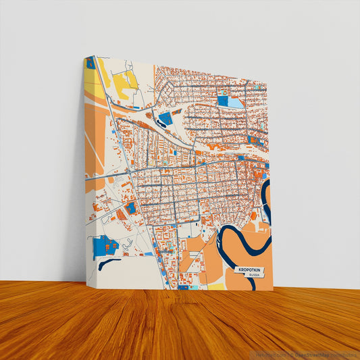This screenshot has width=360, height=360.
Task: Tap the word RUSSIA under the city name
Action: (254, 276)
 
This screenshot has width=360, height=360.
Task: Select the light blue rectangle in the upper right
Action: (237, 102)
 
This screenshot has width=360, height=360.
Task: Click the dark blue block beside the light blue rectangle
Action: (223, 101)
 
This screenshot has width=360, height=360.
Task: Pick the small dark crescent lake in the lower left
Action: (109, 263)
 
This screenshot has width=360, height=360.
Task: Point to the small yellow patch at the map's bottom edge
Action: (215, 286)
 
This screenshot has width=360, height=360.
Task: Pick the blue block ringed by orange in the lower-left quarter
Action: (131, 208)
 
